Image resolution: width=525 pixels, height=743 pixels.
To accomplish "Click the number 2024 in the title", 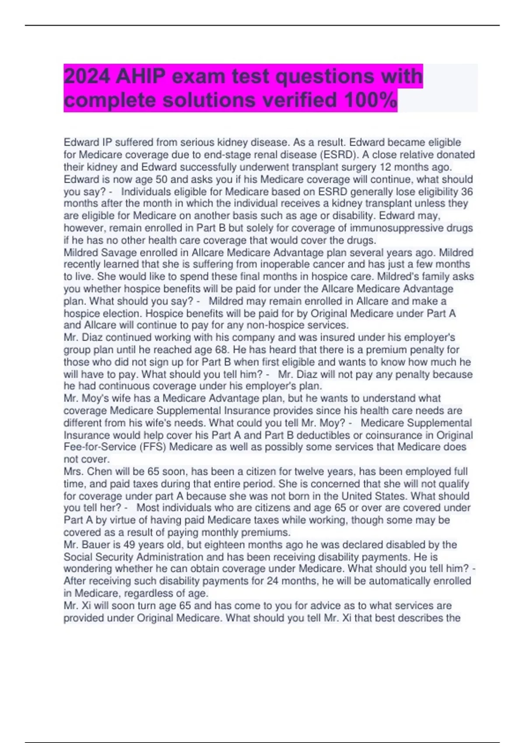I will pyautogui.click(x=86, y=76).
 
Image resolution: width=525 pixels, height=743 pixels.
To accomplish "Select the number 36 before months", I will pyautogui.click(x=466, y=191).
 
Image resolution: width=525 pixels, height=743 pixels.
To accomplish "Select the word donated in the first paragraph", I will pyautogui.click(x=455, y=155).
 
